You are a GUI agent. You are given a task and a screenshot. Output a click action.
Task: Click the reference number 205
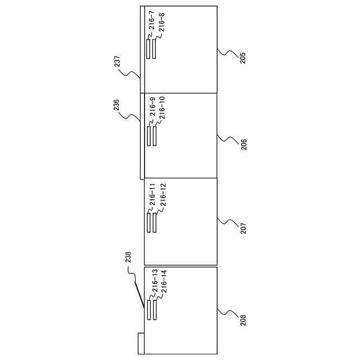click(x=242, y=57)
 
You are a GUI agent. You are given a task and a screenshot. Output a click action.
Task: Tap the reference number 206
click(x=243, y=144)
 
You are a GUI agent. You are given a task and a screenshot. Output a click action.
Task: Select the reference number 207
click(x=243, y=228)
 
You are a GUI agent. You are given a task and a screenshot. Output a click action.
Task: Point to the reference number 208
click(x=242, y=320)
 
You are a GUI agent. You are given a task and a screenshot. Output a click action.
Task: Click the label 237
click(x=118, y=61)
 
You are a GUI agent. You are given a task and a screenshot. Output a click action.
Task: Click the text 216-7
click(x=152, y=21)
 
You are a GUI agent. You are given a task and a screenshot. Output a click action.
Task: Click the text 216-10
click(x=162, y=108)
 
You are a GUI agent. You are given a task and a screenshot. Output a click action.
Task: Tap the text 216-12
click(x=162, y=195)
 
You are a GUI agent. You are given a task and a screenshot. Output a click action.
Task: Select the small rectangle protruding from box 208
click(x=141, y=343)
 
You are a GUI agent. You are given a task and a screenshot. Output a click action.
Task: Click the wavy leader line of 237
click(x=133, y=74)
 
